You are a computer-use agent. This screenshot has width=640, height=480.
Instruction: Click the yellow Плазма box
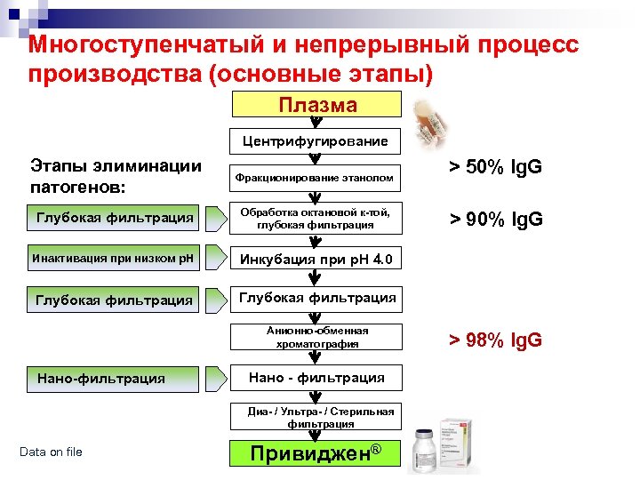point(316,105)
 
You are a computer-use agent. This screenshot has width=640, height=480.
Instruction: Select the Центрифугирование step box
point(316,141)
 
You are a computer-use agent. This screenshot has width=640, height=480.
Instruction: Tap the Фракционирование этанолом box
point(315,178)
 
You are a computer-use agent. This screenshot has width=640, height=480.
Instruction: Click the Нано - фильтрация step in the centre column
point(316,378)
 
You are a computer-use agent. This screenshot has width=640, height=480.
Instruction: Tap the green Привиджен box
point(316,453)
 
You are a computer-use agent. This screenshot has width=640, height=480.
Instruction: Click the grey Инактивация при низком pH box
point(113,260)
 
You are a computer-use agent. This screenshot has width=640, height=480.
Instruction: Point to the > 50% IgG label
point(495,168)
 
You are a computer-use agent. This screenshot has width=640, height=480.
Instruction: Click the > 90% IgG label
point(495,220)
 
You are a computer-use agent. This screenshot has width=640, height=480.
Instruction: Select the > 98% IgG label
point(495,340)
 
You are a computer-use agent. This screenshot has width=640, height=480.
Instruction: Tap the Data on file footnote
point(51,452)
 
